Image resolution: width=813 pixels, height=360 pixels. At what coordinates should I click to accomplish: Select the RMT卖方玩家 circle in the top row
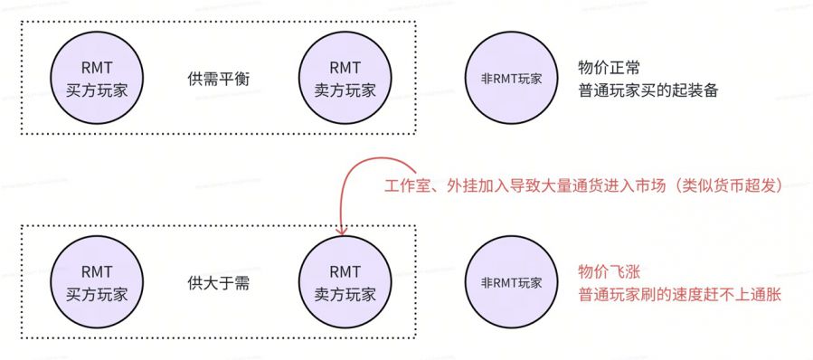345,79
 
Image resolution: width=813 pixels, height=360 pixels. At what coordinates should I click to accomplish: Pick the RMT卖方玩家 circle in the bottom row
345,282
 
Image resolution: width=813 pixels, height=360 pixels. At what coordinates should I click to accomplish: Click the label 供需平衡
217,79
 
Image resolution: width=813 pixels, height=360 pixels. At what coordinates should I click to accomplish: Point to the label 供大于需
217,282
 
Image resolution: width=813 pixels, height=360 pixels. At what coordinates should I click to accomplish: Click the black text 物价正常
607,68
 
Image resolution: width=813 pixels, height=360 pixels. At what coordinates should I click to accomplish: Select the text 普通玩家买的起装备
648,91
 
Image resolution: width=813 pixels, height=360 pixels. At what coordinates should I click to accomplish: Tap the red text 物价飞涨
607,271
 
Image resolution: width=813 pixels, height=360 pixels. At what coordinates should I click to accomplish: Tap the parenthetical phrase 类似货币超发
736,187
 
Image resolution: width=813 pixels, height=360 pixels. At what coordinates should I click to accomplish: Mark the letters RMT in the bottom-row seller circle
345,270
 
